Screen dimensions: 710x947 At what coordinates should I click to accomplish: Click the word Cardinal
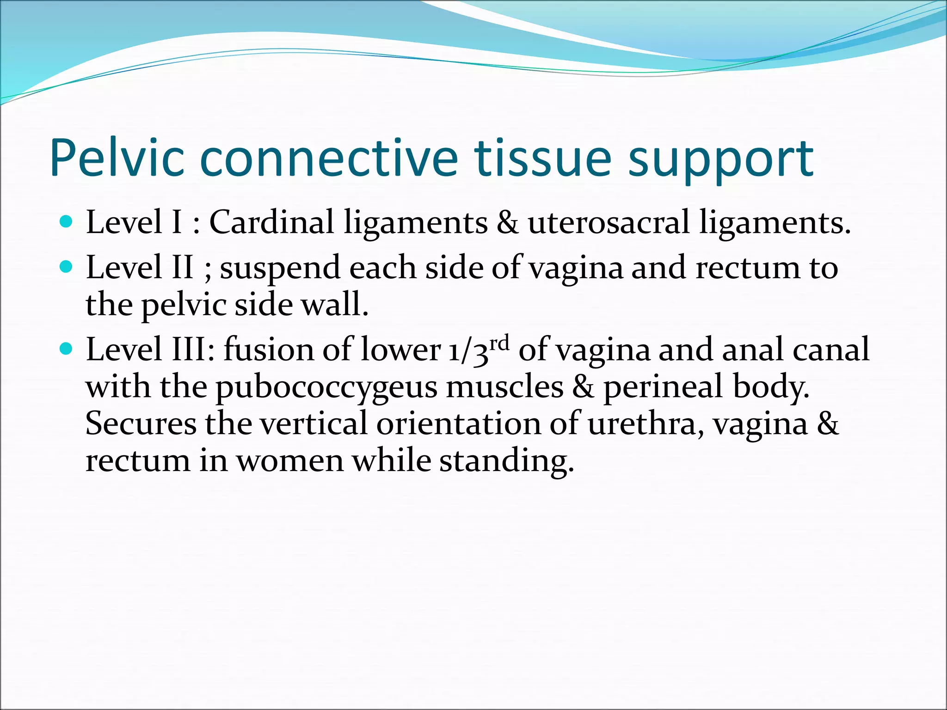coord(271,222)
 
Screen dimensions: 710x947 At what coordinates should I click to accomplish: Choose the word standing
coord(506,462)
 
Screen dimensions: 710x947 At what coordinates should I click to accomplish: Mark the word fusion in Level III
coord(268,349)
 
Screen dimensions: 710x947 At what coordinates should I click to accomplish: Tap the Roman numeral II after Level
coord(182,268)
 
